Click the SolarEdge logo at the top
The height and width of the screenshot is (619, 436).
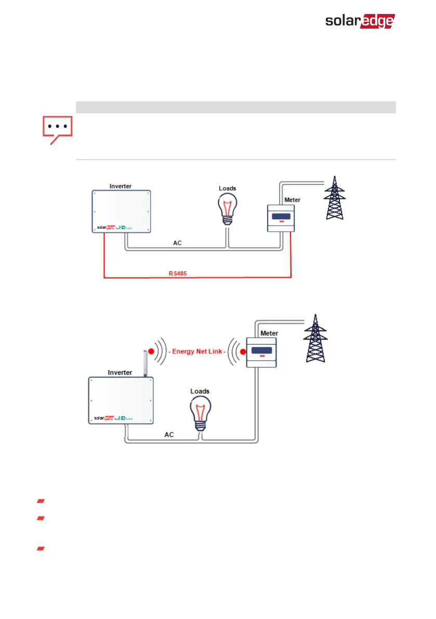tap(360, 21)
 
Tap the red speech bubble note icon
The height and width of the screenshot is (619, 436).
tap(57, 129)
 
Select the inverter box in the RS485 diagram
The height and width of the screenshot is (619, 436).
tap(121, 212)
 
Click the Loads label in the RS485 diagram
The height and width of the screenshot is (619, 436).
tap(227, 189)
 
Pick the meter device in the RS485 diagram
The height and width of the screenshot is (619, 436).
tap(281, 218)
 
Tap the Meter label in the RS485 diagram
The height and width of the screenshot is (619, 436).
tap(292, 200)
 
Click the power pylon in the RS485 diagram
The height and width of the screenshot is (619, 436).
tap(334, 200)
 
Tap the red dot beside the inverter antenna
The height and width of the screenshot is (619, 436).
tap(151, 352)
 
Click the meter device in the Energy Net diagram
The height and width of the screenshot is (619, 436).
tap(261, 352)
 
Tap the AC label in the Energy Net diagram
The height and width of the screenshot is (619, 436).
tap(169, 434)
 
